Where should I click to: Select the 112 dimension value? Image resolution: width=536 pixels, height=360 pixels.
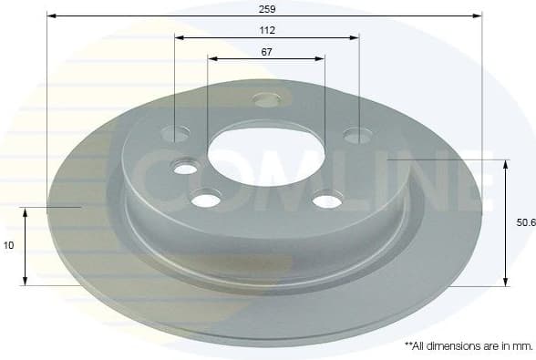pos(266,29)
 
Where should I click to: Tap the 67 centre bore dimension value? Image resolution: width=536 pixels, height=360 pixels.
pos(266,51)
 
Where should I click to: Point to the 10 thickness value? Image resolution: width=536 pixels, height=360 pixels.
pos(9,245)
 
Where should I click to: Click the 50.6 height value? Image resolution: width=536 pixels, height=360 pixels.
pos(524,221)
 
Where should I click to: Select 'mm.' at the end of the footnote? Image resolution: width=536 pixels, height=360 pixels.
pos(521,346)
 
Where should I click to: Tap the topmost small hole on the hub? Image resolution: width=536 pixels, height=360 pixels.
pos(266,99)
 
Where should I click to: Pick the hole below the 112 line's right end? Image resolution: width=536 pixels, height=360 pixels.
pos(357,136)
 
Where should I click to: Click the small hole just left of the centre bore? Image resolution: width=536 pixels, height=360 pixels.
pos(186,168)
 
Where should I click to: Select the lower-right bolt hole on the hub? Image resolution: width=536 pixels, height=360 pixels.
pos(326,200)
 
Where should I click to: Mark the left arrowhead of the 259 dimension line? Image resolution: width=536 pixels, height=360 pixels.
pos(50,15)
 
